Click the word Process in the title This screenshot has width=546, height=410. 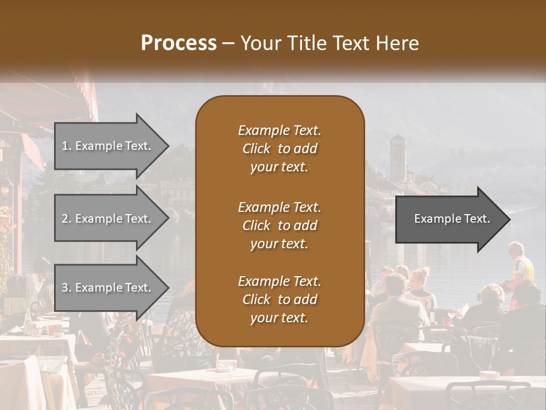point(179,43)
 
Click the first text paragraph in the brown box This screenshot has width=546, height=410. point(279,149)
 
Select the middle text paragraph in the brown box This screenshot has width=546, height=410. point(279,225)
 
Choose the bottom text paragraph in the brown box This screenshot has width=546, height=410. point(279,300)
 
